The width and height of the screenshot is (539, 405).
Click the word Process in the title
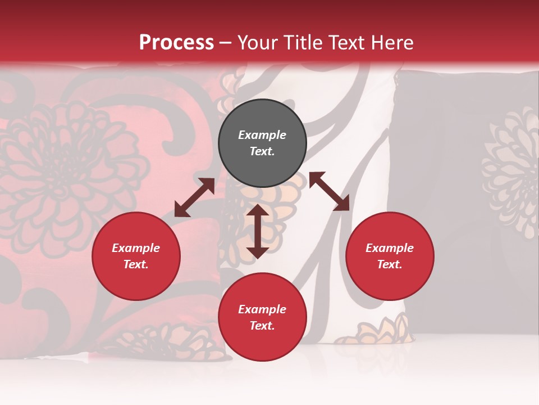[176, 42]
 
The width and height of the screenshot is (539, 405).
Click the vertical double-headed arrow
[258, 231]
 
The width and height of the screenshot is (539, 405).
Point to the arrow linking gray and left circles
[194, 197]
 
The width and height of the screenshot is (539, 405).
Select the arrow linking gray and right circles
[329, 191]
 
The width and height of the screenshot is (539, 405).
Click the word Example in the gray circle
[262, 135]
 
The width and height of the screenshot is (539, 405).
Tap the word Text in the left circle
[136, 264]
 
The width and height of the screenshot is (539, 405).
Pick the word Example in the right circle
[390, 248]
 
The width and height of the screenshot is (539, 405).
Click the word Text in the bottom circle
[262, 326]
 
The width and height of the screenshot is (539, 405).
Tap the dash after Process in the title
[226, 43]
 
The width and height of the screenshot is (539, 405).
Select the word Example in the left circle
[136, 248]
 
